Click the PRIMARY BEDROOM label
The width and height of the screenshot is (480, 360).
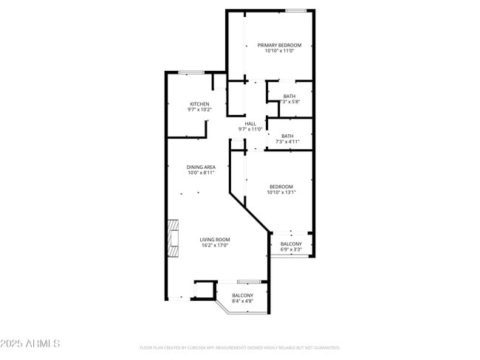279,45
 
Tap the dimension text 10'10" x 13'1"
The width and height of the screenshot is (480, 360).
281,193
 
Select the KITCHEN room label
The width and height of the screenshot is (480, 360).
199,104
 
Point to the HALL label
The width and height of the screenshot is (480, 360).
250,123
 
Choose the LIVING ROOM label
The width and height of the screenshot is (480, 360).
215,239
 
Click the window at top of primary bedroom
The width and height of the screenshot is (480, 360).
296,10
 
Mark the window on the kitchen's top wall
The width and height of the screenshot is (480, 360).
191,72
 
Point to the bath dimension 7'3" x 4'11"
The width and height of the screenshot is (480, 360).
287,142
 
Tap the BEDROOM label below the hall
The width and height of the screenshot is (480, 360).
281,187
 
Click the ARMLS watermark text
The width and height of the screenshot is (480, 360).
30,344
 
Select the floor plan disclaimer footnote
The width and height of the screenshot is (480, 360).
239,347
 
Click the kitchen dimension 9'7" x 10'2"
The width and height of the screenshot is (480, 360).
199,110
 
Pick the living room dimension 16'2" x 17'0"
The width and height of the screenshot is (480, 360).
215,245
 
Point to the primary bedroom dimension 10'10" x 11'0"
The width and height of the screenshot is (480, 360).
279,51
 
